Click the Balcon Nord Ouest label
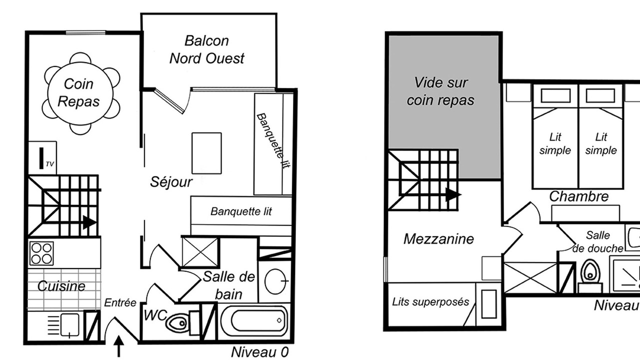pos(207,49)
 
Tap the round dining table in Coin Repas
pos(80,93)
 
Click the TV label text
pos(49,164)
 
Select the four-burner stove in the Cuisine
pos(41,253)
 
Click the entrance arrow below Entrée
pos(119,346)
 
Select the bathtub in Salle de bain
pos(254,320)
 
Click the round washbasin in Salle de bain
pos(275,281)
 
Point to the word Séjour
pos(171,182)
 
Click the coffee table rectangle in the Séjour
pos(206,153)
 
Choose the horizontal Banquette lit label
pos(241,211)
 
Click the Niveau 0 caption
pos(259,352)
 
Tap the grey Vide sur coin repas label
pos(440,91)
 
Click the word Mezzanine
pos(438,239)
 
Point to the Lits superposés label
pos(430,301)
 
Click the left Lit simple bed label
pos(555,143)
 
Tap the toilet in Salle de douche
pos(590,274)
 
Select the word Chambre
pos(579,196)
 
